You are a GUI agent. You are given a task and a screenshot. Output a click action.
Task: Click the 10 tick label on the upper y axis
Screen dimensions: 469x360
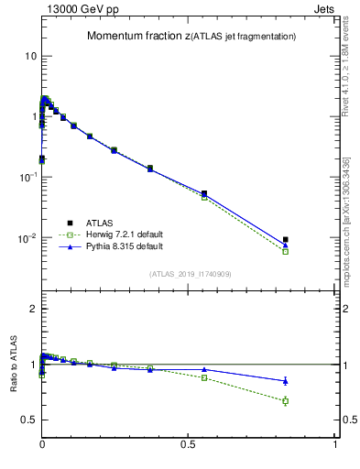30,56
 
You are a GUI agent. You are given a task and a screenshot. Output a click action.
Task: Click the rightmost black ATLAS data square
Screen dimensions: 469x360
286,239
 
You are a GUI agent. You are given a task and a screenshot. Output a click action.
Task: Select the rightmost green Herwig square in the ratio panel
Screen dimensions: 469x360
286,401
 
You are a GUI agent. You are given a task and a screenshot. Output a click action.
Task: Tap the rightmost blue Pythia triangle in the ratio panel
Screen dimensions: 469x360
286,380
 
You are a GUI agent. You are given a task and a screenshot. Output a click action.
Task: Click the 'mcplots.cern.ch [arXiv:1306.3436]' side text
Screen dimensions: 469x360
351,220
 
